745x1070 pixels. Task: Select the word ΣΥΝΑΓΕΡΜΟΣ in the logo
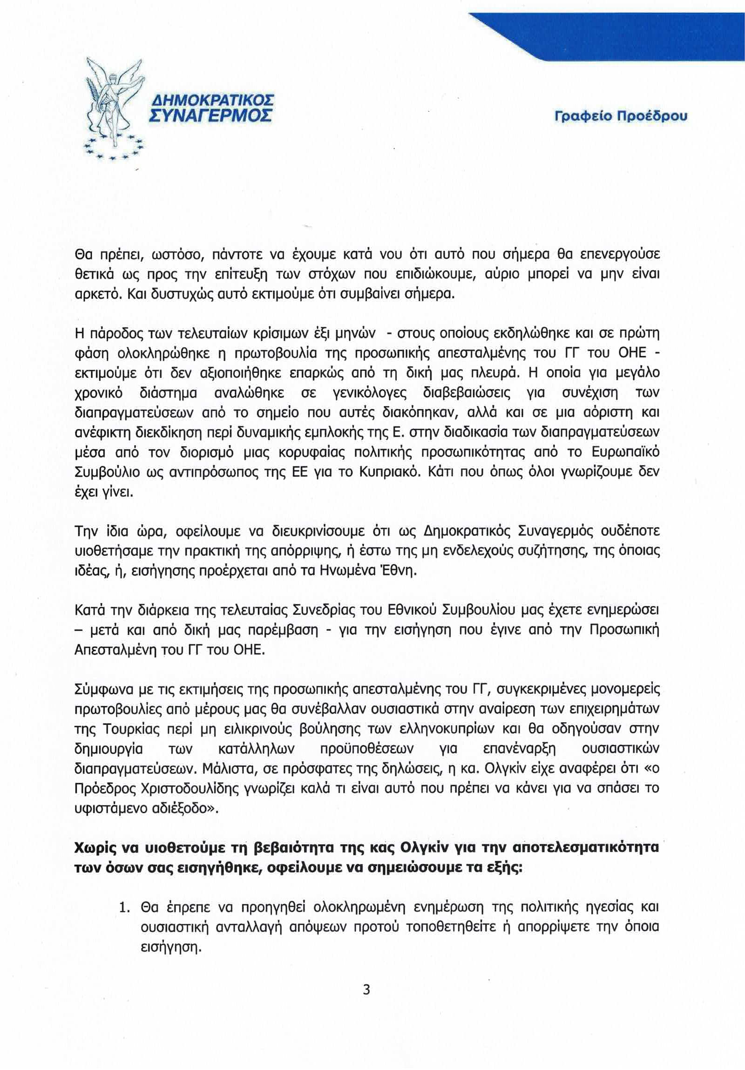point(210,115)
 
